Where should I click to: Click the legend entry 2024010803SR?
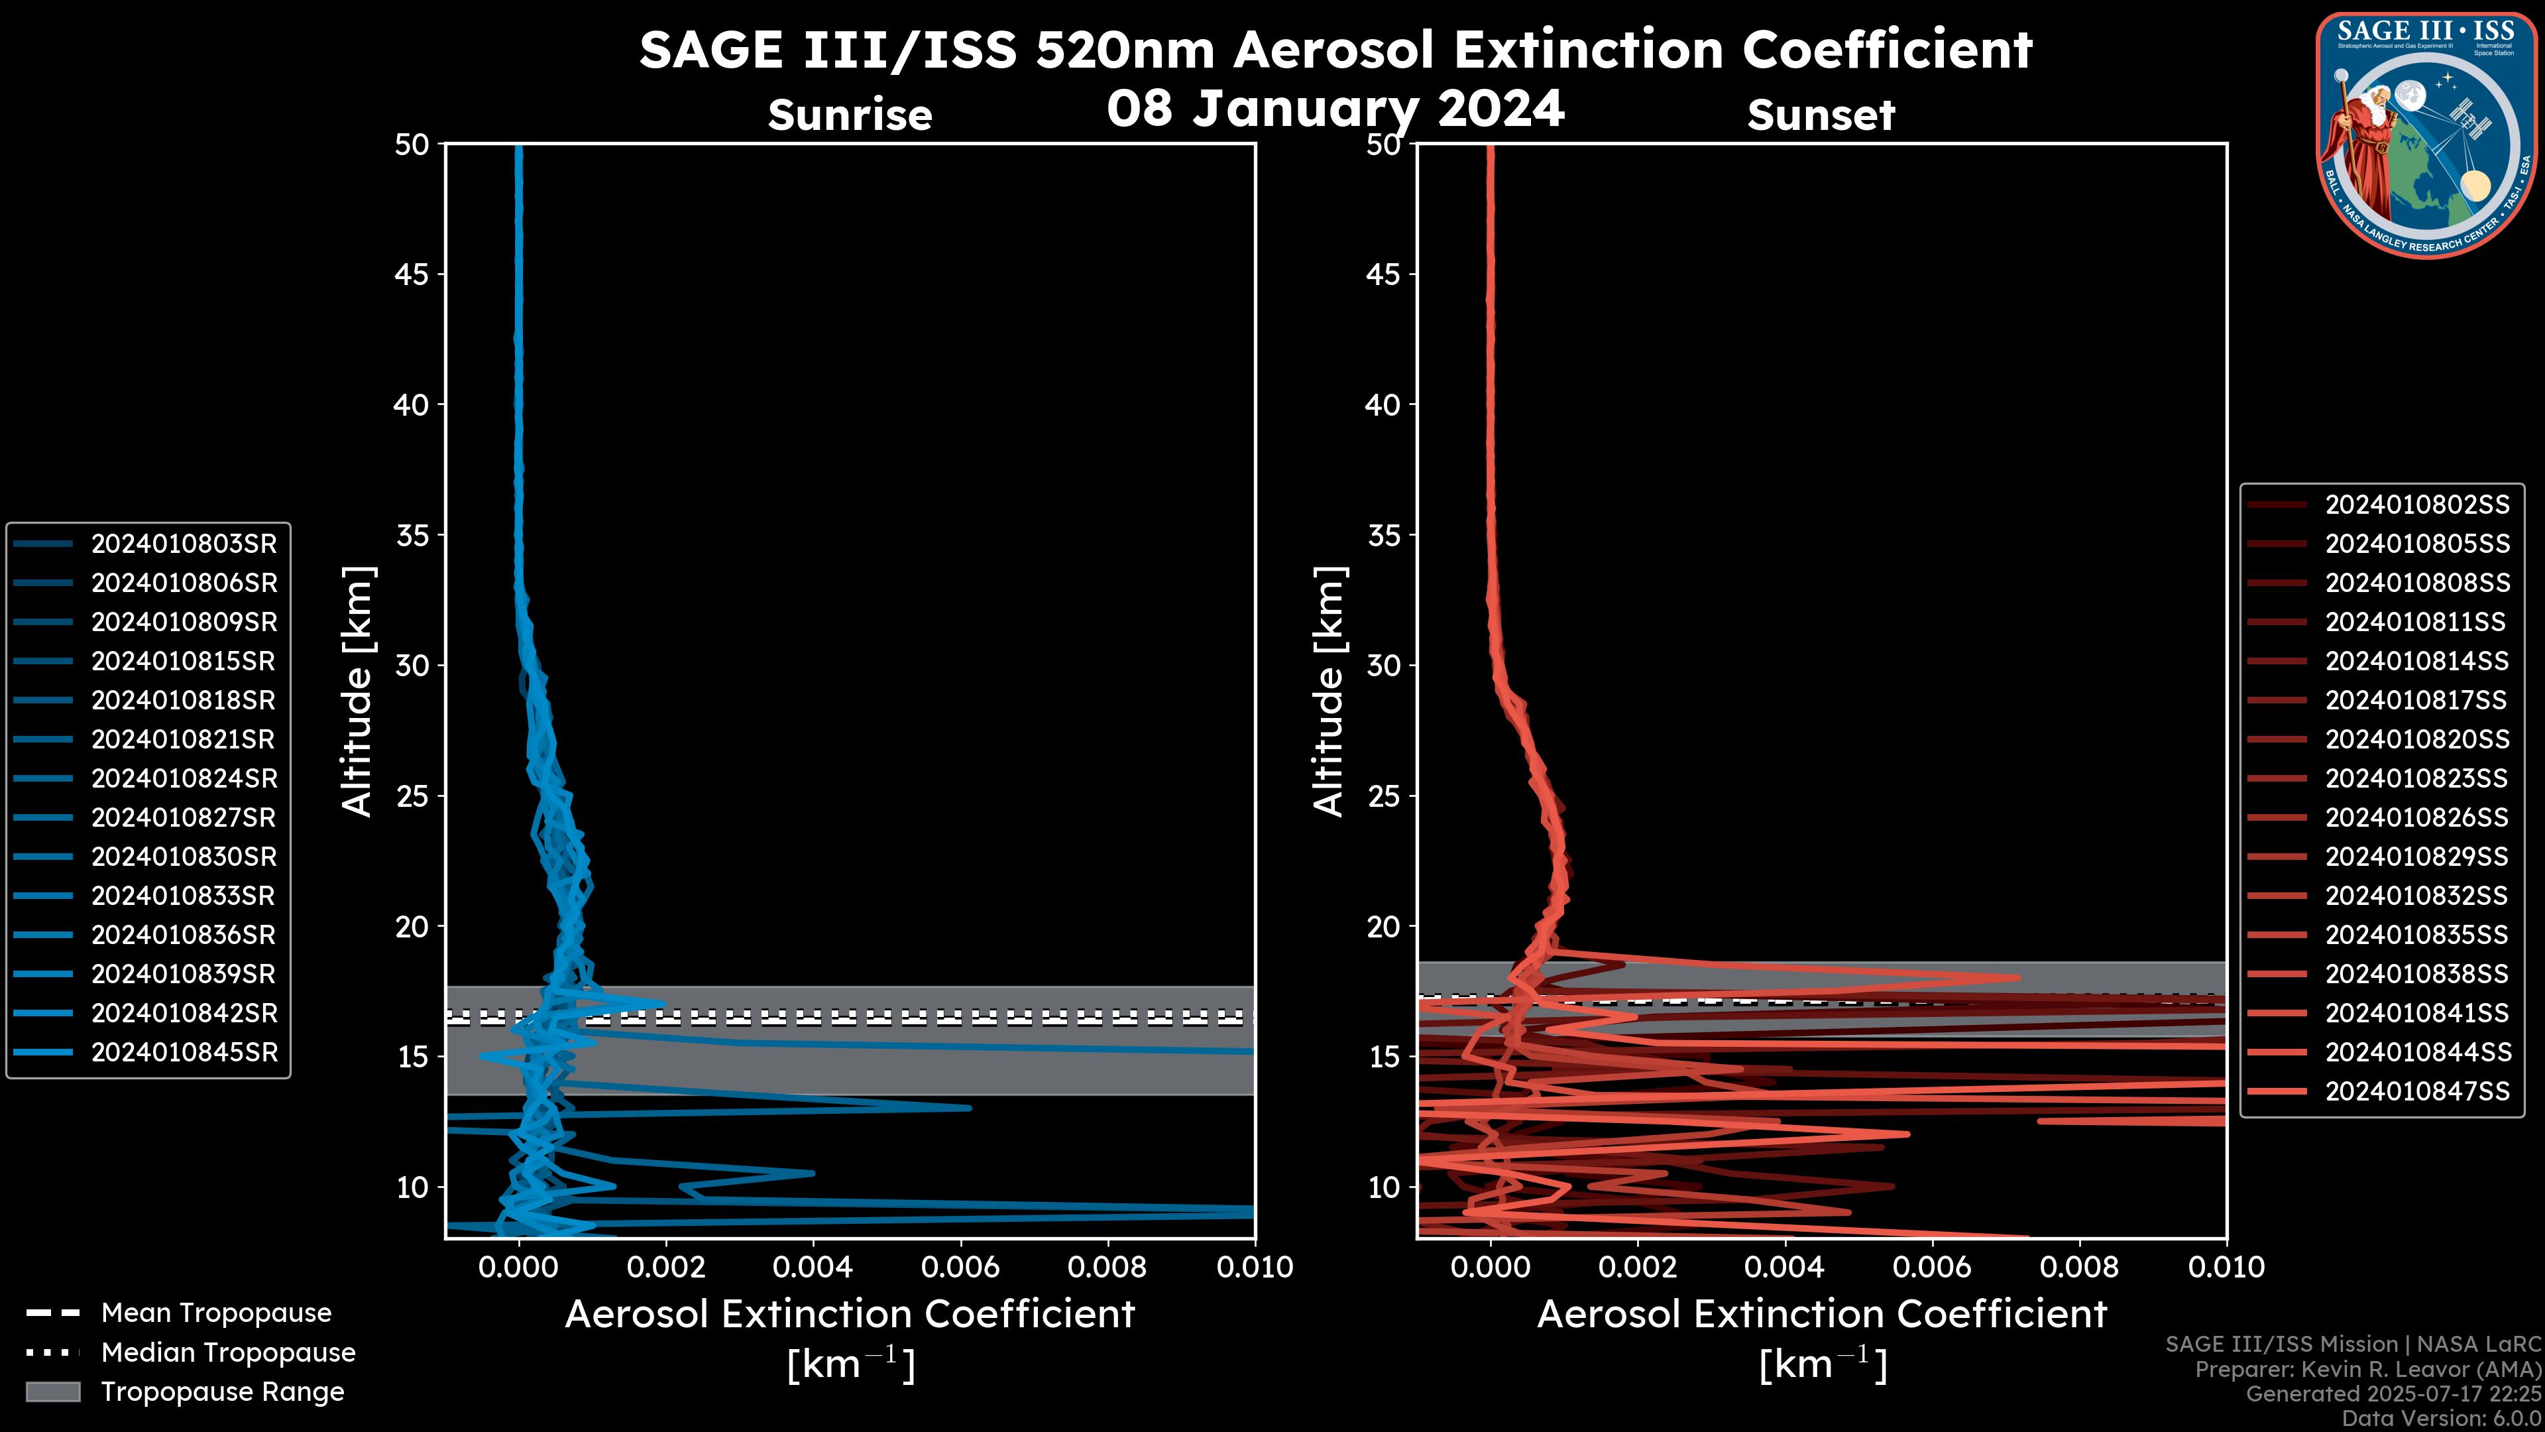pyautogui.click(x=184, y=544)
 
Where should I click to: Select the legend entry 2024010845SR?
pyautogui.click(x=184, y=1053)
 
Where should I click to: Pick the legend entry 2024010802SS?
pyautogui.click(x=2416, y=505)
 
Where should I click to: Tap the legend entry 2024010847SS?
pyautogui.click(x=2416, y=1091)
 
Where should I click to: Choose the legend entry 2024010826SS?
pyautogui.click(x=2416, y=817)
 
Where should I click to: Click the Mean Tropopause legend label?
pyautogui.click(x=216, y=1313)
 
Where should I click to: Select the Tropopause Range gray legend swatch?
pyautogui.click(x=52, y=1392)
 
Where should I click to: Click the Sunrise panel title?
pyautogui.click(x=850, y=115)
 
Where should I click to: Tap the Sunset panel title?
pyautogui.click(x=1821, y=115)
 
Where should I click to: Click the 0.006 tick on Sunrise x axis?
pyautogui.click(x=959, y=1267)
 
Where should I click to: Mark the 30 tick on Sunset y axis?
pyautogui.click(x=1383, y=665)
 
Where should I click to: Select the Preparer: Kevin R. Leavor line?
pyautogui.click(x=2367, y=1369)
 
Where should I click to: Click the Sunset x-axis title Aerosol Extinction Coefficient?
pyautogui.click(x=1821, y=1315)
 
